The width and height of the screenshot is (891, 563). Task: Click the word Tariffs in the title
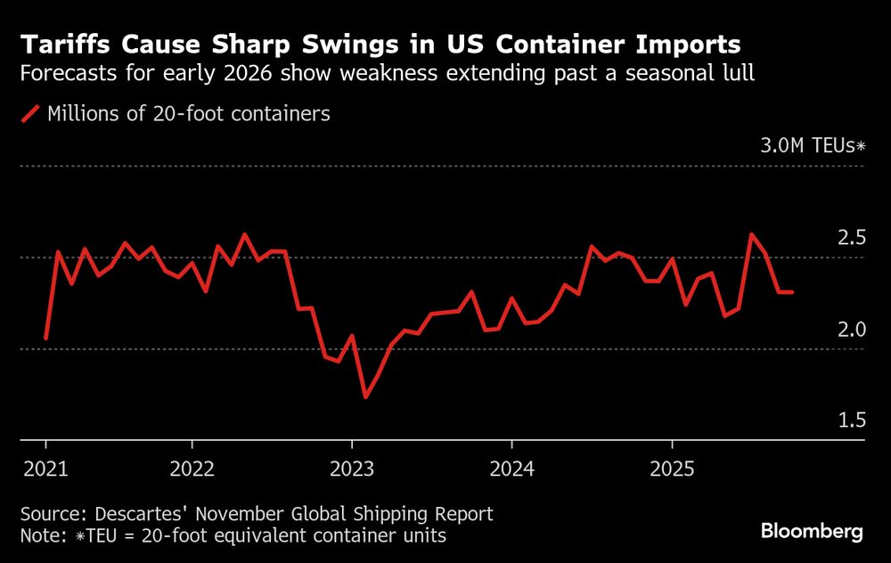pyautogui.click(x=60, y=44)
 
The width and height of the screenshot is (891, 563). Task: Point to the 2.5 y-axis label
pyautogui.click(x=851, y=238)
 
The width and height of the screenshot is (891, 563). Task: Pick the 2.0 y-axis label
pyautogui.click(x=851, y=330)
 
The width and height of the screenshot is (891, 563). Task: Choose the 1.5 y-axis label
pyautogui.click(x=851, y=420)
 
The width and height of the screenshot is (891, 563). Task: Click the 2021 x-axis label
pyautogui.click(x=46, y=468)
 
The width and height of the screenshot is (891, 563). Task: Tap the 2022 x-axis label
pyautogui.click(x=191, y=468)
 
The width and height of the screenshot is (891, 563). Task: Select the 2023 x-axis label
pyautogui.click(x=351, y=468)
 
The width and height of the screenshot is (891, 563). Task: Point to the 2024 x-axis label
pyautogui.click(x=511, y=468)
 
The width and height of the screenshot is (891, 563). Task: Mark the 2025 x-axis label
pyautogui.click(x=672, y=468)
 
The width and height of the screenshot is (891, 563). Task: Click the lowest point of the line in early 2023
pyautogui.click(x=365, y=396)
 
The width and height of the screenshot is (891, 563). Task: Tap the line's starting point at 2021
pyautogui.click(x=45, y=339)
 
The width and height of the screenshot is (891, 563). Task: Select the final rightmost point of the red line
pyautogui.click(x=792, y=292)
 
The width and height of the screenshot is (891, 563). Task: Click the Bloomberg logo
pyautogui.click(x=812, y=532)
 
